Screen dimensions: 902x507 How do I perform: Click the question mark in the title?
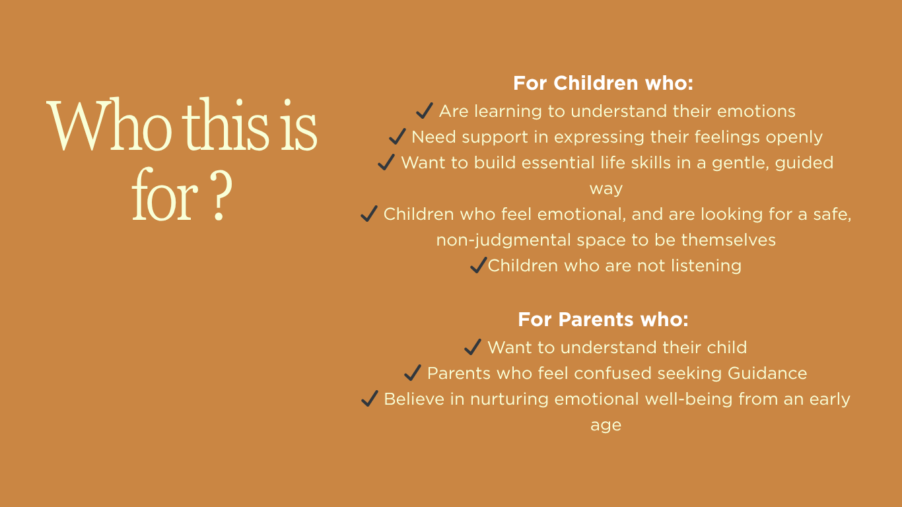tap(221, 195)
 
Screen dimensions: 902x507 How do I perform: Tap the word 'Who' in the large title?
tap(109, 124)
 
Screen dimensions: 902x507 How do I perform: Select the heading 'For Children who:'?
tap(603, 83)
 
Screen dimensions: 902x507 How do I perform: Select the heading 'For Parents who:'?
tap(603, 320)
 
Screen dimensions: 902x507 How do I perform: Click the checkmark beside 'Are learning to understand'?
tap(425, 110)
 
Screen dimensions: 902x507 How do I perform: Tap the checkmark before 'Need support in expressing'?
tap(398, 136)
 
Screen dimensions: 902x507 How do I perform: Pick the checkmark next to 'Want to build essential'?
tap(386, 162)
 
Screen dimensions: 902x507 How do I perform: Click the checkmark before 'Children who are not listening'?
tap(479, 265)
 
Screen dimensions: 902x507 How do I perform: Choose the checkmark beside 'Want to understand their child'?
tap(473, 347)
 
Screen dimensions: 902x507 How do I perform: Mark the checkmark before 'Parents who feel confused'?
tap(413, 372)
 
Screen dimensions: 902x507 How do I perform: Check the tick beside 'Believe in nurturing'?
tap(370, 398)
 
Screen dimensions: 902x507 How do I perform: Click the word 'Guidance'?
tap(767, 373)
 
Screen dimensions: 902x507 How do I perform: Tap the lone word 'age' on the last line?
tap(606, 426)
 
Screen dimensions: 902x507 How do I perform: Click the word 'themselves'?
tap(728, 240)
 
